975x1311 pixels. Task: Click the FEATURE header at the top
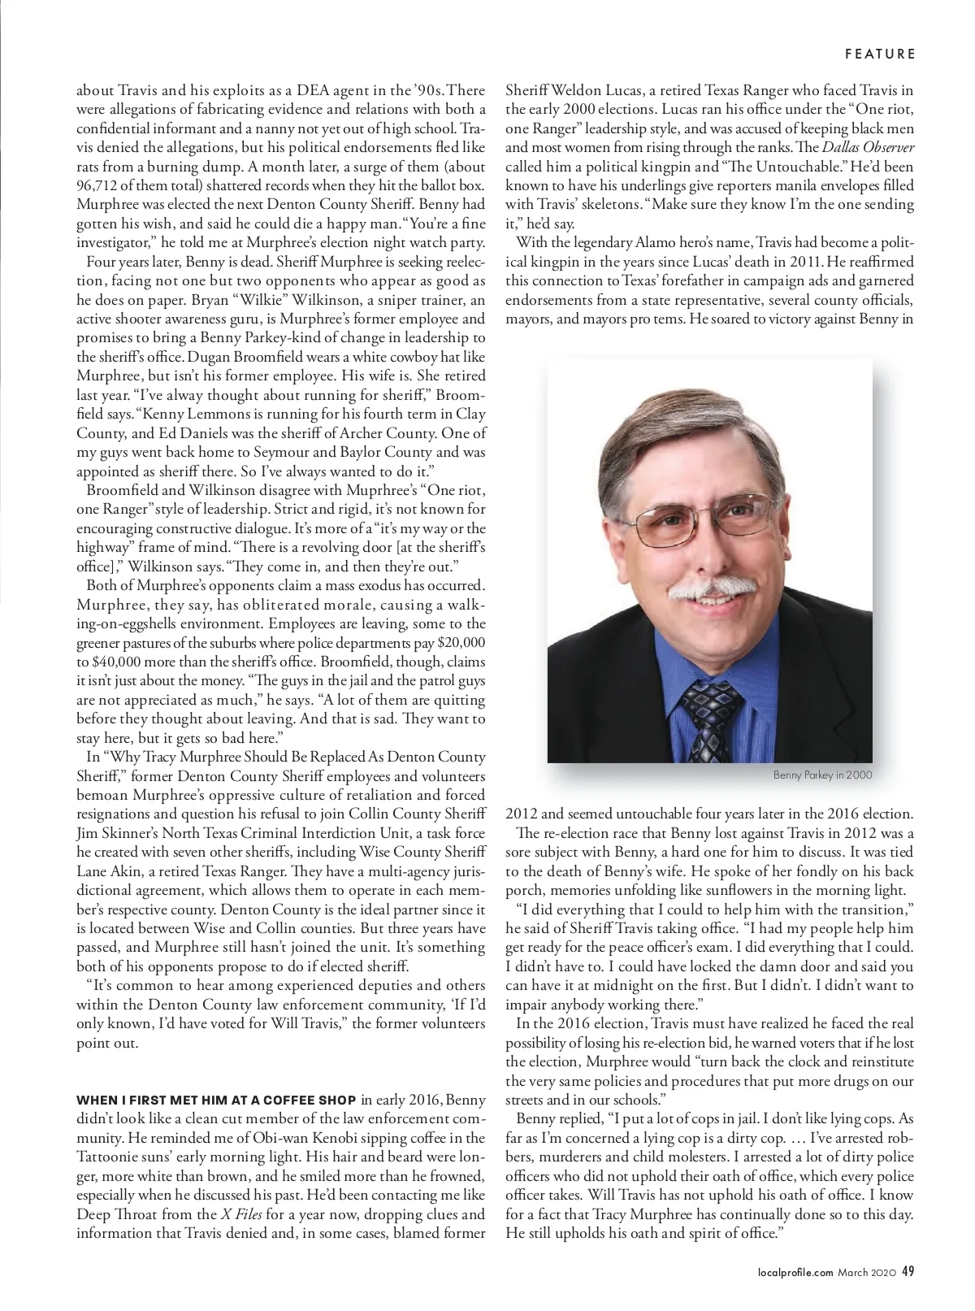880,54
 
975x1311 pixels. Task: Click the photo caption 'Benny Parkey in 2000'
822,775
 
